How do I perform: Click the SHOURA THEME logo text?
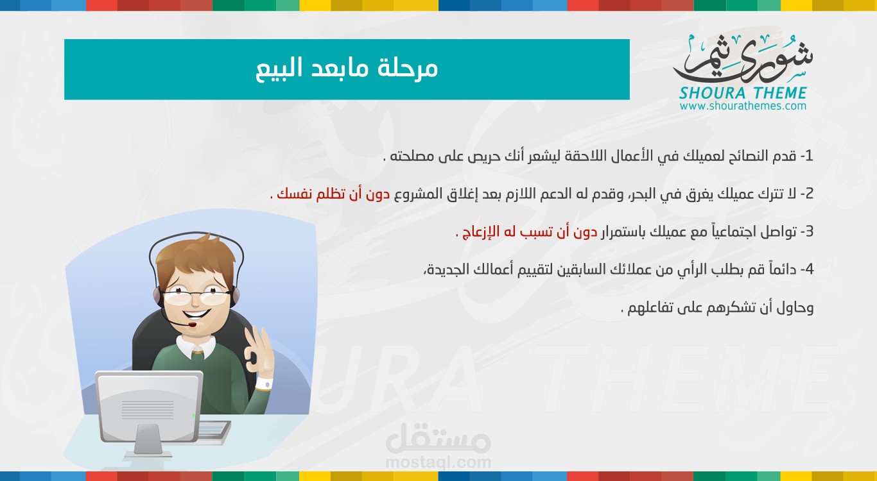click(743, 94)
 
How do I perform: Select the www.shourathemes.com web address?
click(743, 106)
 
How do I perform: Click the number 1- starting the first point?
click(807, 156)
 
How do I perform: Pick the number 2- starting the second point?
click(807, 194)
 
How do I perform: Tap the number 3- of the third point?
click(807, 232)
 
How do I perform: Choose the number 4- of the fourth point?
click(807, 269)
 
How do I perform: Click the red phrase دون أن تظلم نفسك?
click(333, 194)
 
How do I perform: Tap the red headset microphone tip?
click(192, 325)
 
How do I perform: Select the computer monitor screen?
click(148, 407)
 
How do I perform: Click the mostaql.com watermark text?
click(438, 462)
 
